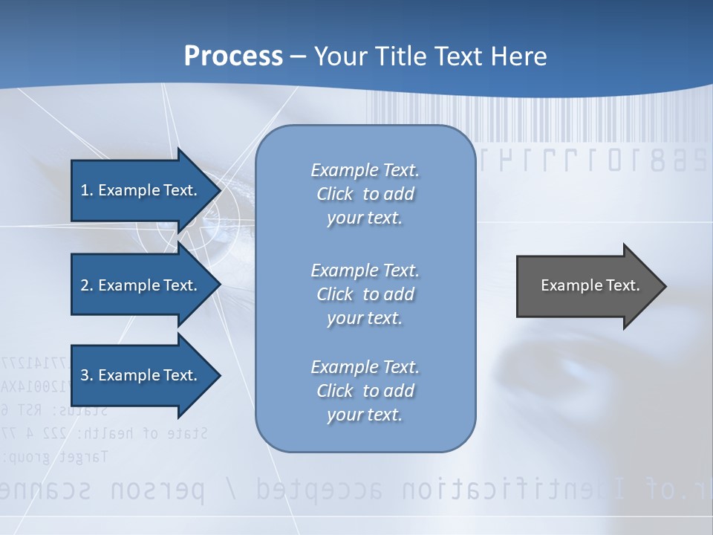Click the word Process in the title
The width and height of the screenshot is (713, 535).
(233, 56)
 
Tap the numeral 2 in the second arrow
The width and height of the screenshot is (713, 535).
(85, 285)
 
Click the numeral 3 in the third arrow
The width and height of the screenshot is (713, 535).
(85, 375)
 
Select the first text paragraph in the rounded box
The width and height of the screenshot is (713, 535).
(365, 194)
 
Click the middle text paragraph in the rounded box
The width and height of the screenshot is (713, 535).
(365, 294)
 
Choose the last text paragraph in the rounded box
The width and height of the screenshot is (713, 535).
(365, 391)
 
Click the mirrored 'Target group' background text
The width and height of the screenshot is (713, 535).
(56, 456)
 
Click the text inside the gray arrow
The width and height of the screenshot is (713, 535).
(590, 285)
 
